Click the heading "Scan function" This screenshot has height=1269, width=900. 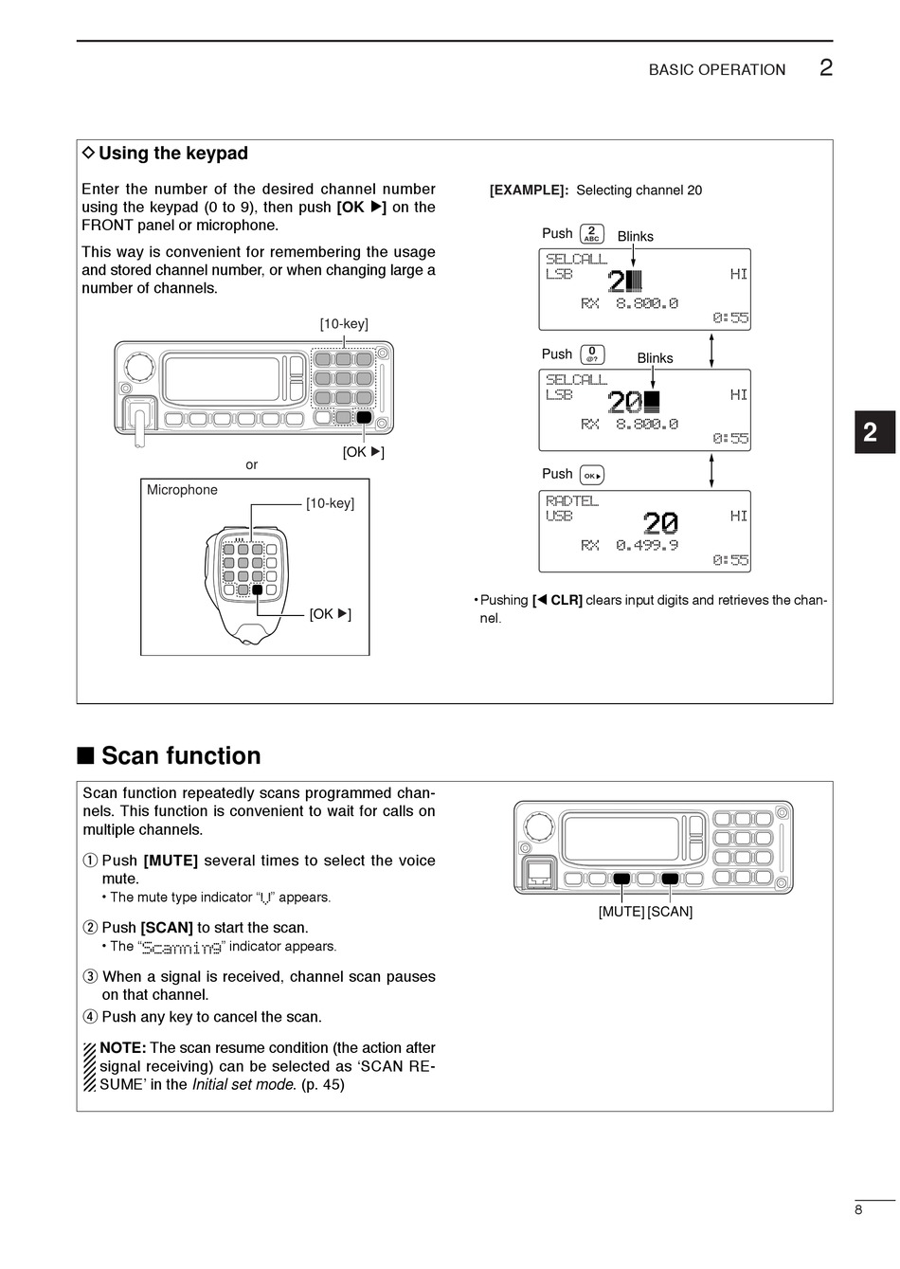[x=180, y=755]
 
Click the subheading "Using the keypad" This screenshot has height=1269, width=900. [x=172, y=154]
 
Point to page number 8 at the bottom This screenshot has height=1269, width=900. [x=858, y=1209]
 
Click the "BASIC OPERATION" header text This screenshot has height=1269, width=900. [x=716, y=70]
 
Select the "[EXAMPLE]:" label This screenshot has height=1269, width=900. [x=529, y=190]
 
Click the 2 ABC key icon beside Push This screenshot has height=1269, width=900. [x=592, y=233]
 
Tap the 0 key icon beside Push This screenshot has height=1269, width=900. [x=592, y=354]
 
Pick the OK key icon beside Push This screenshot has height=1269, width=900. [x=591, y=475]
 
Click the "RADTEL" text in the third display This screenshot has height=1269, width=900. [x=572, y=500]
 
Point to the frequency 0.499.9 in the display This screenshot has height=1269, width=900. [x=647, y=545]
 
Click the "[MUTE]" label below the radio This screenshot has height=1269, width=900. [x=621, y=912]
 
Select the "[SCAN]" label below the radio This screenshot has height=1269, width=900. [x=670, y=912]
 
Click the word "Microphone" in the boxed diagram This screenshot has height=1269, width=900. [x=182, y=490]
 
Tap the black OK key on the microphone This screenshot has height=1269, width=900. [x=257, y=589]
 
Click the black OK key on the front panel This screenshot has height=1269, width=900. [x=364, y=417]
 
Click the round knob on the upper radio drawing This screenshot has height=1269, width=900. [x=139, y=366]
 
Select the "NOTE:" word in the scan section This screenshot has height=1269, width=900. [x=122, y=1048]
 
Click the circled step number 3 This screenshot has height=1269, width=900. [x=90, y=977]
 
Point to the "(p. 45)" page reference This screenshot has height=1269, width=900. [x=323, y=1084]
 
